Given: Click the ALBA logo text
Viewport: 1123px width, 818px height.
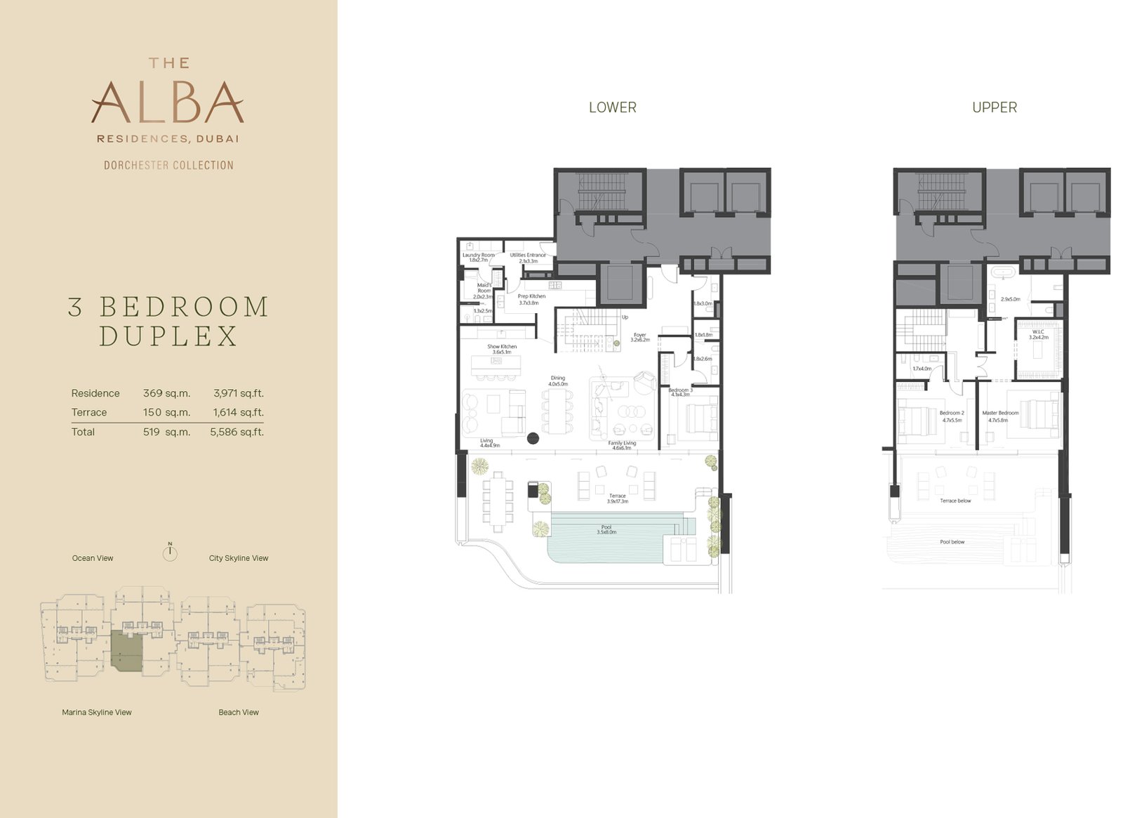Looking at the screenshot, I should point(168,103).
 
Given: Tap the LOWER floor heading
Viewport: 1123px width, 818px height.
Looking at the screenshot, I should point(612,107).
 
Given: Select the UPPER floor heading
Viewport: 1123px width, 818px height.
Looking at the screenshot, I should point(994,107).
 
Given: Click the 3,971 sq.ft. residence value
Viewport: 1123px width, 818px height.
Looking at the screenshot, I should point(239,393).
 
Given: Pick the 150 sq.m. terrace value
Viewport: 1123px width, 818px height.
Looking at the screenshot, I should point(166,412).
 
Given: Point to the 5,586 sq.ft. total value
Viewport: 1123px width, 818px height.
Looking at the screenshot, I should point(237,432).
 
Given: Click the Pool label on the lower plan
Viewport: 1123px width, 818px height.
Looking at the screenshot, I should point(606,529).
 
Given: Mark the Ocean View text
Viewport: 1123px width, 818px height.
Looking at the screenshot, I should point(93,558).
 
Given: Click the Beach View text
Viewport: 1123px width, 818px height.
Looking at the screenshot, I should point(239,712).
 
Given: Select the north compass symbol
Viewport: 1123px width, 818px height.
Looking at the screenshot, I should point(169,552).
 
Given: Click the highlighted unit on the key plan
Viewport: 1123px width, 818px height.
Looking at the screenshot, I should point(127,651).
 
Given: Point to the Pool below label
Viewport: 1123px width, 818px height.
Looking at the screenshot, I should point(952,542).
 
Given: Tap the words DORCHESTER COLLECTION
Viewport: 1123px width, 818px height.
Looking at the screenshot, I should point(168,166).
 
